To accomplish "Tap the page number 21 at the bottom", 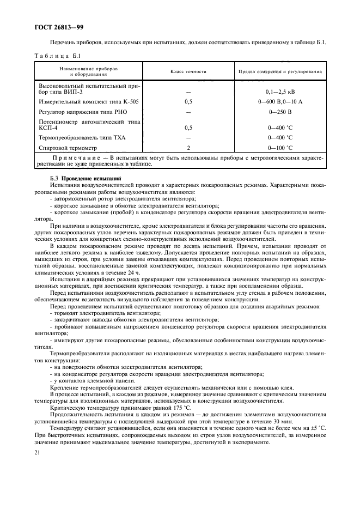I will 38,453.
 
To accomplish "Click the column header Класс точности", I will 188,71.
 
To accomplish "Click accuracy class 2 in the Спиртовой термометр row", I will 188,147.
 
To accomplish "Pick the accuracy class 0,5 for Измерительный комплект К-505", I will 188,101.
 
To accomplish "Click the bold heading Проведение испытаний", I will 89,179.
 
